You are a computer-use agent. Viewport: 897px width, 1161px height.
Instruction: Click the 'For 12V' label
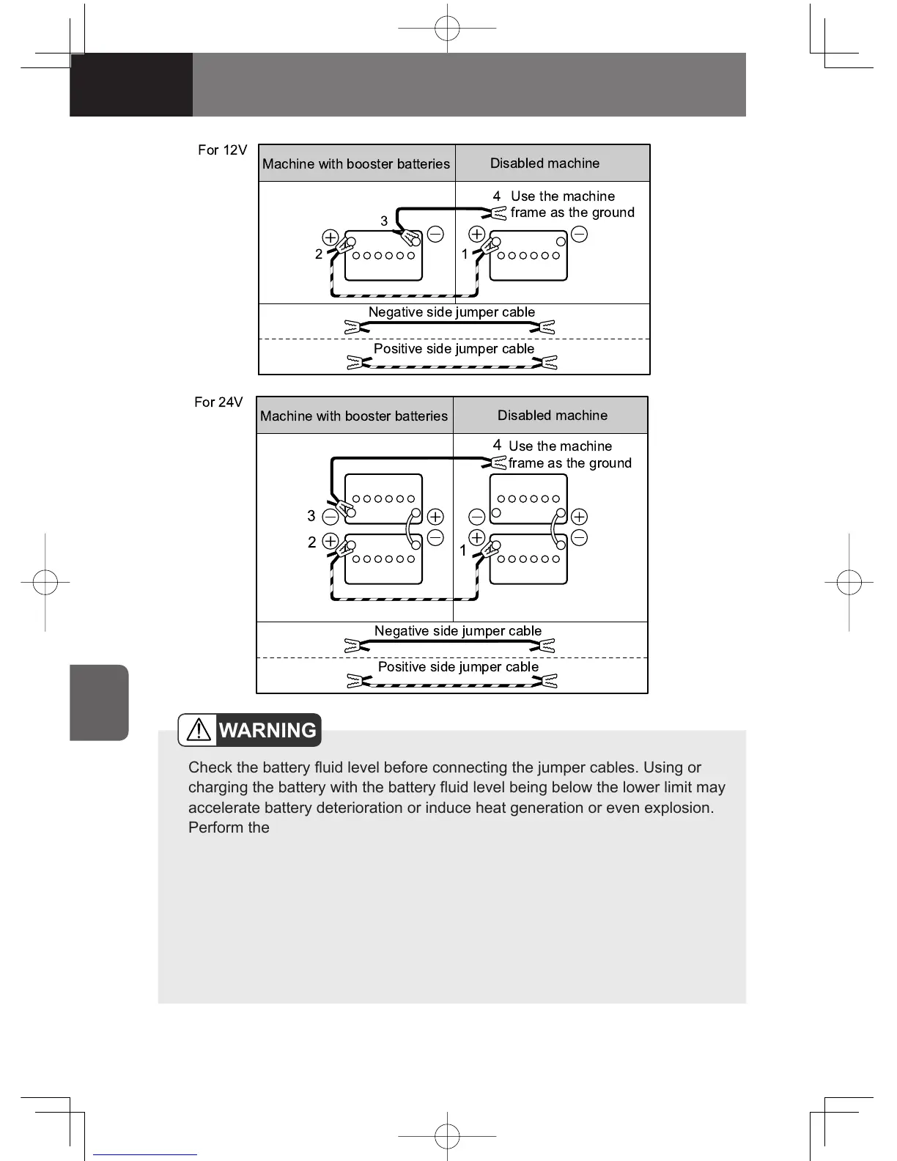click(222, 150)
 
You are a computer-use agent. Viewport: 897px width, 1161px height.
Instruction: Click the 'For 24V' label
click(218, 402)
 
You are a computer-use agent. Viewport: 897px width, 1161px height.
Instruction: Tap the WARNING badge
click(250, 730)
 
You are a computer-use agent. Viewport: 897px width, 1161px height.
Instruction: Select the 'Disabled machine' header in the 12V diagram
click(545, 163)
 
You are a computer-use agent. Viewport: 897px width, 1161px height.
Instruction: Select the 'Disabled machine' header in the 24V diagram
click(552, 416)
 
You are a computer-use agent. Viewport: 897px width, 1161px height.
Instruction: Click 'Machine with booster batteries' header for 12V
click(356, 164)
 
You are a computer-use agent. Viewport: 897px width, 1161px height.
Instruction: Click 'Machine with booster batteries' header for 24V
click(354, 416)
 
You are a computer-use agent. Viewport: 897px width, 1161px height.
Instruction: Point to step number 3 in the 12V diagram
click(384, 221)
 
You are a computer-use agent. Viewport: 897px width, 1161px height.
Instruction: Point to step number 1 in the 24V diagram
click(463, 550)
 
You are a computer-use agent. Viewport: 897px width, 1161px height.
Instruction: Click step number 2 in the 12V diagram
click(319, 254)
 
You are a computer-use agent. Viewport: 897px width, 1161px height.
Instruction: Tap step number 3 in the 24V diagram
click(311, 516)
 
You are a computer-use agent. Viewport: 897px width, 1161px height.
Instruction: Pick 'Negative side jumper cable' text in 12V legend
click(451, 312)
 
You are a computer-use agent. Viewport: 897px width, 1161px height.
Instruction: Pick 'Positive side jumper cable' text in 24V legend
click(458, 667)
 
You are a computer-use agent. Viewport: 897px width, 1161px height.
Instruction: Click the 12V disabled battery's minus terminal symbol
click(579, 235)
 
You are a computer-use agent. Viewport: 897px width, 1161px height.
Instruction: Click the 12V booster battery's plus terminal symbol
click(331, 237)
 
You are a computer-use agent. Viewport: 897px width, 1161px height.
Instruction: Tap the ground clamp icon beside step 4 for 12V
click(498, 213)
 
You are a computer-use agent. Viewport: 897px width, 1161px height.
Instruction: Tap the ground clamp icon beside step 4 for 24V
click(497, 462)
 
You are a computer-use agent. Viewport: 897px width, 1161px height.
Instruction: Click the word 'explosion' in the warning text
click(677, 808)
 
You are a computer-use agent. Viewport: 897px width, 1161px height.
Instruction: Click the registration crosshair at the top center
click(447, 29)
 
